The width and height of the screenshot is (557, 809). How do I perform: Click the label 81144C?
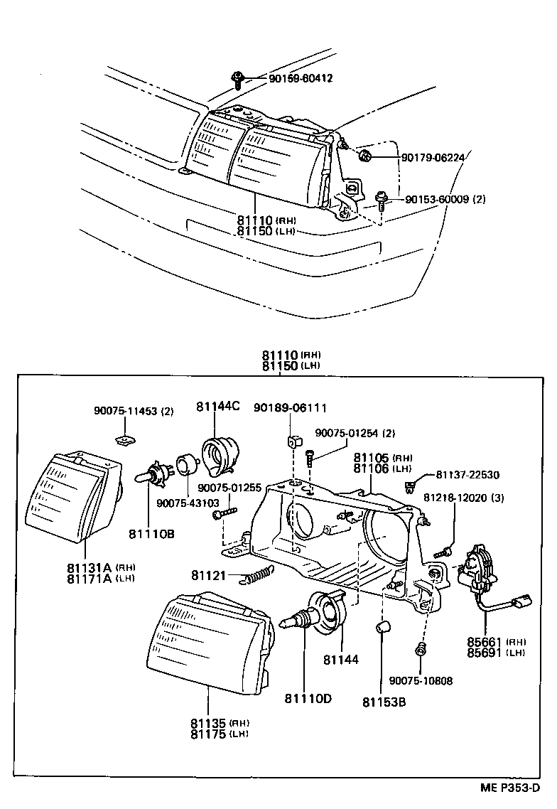218,406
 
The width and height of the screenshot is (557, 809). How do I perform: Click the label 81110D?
308,698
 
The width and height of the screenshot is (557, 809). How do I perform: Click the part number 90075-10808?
421,680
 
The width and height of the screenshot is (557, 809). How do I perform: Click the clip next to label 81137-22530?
410,487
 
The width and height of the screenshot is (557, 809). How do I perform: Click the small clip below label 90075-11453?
126,439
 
